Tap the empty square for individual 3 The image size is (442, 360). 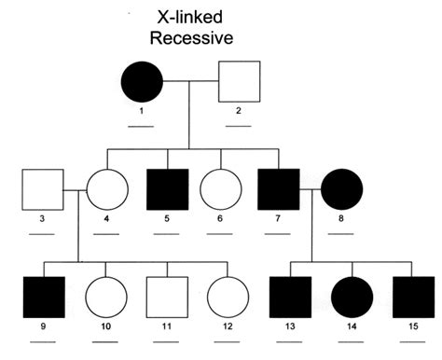tap(43, 189)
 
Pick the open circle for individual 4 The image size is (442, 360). tap(106, 189)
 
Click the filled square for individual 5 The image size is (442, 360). tap(169, 189)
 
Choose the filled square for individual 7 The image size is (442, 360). tap(280, 189)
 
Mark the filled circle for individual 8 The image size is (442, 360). tap(342, 189)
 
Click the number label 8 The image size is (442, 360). tap(342, 222)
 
